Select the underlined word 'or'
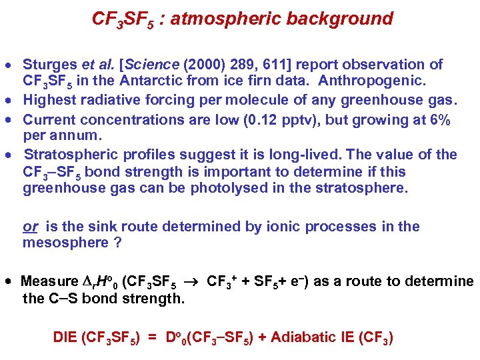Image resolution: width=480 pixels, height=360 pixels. point(30,227)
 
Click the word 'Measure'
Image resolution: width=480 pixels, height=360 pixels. point(49,281)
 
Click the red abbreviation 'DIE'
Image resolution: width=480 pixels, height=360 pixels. point(65,337)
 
